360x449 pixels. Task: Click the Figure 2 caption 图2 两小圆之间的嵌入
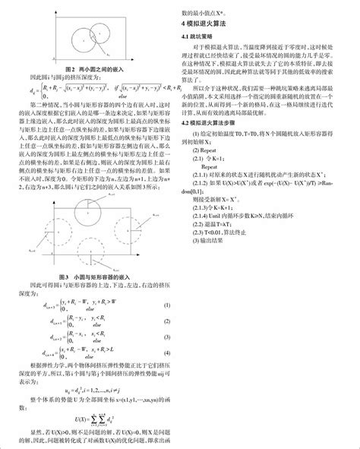(90, 68)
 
